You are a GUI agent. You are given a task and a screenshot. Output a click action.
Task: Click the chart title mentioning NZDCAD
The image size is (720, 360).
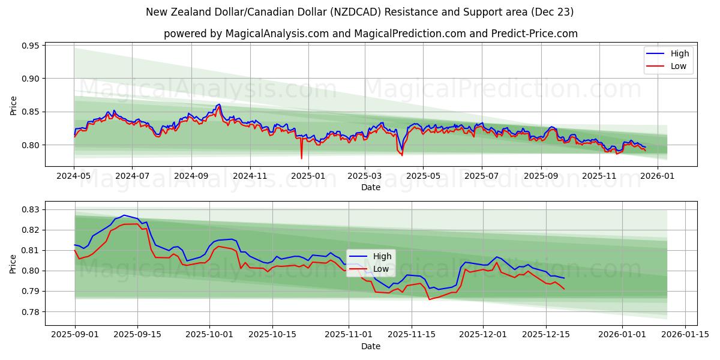360,12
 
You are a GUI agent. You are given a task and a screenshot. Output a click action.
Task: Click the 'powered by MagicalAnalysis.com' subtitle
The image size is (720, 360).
370,34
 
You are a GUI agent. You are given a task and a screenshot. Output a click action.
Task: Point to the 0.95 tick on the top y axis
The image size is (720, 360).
30,46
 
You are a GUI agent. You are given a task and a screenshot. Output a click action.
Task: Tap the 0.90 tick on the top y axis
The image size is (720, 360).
30,79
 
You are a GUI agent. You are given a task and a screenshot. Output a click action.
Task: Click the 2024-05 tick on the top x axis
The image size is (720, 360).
74,176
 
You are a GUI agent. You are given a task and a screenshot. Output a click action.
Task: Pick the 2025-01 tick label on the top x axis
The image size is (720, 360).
308,176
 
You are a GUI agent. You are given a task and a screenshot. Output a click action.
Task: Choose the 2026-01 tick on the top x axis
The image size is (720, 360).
658,176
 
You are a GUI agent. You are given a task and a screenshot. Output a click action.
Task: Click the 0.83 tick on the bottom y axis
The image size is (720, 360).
30,209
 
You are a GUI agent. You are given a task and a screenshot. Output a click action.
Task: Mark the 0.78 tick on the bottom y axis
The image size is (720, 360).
30,312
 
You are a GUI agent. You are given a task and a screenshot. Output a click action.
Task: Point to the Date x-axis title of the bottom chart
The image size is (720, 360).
370,346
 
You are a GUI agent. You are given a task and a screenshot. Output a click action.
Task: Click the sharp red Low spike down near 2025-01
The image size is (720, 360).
301,158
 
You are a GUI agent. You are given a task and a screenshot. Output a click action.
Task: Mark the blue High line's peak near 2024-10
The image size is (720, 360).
218,104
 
